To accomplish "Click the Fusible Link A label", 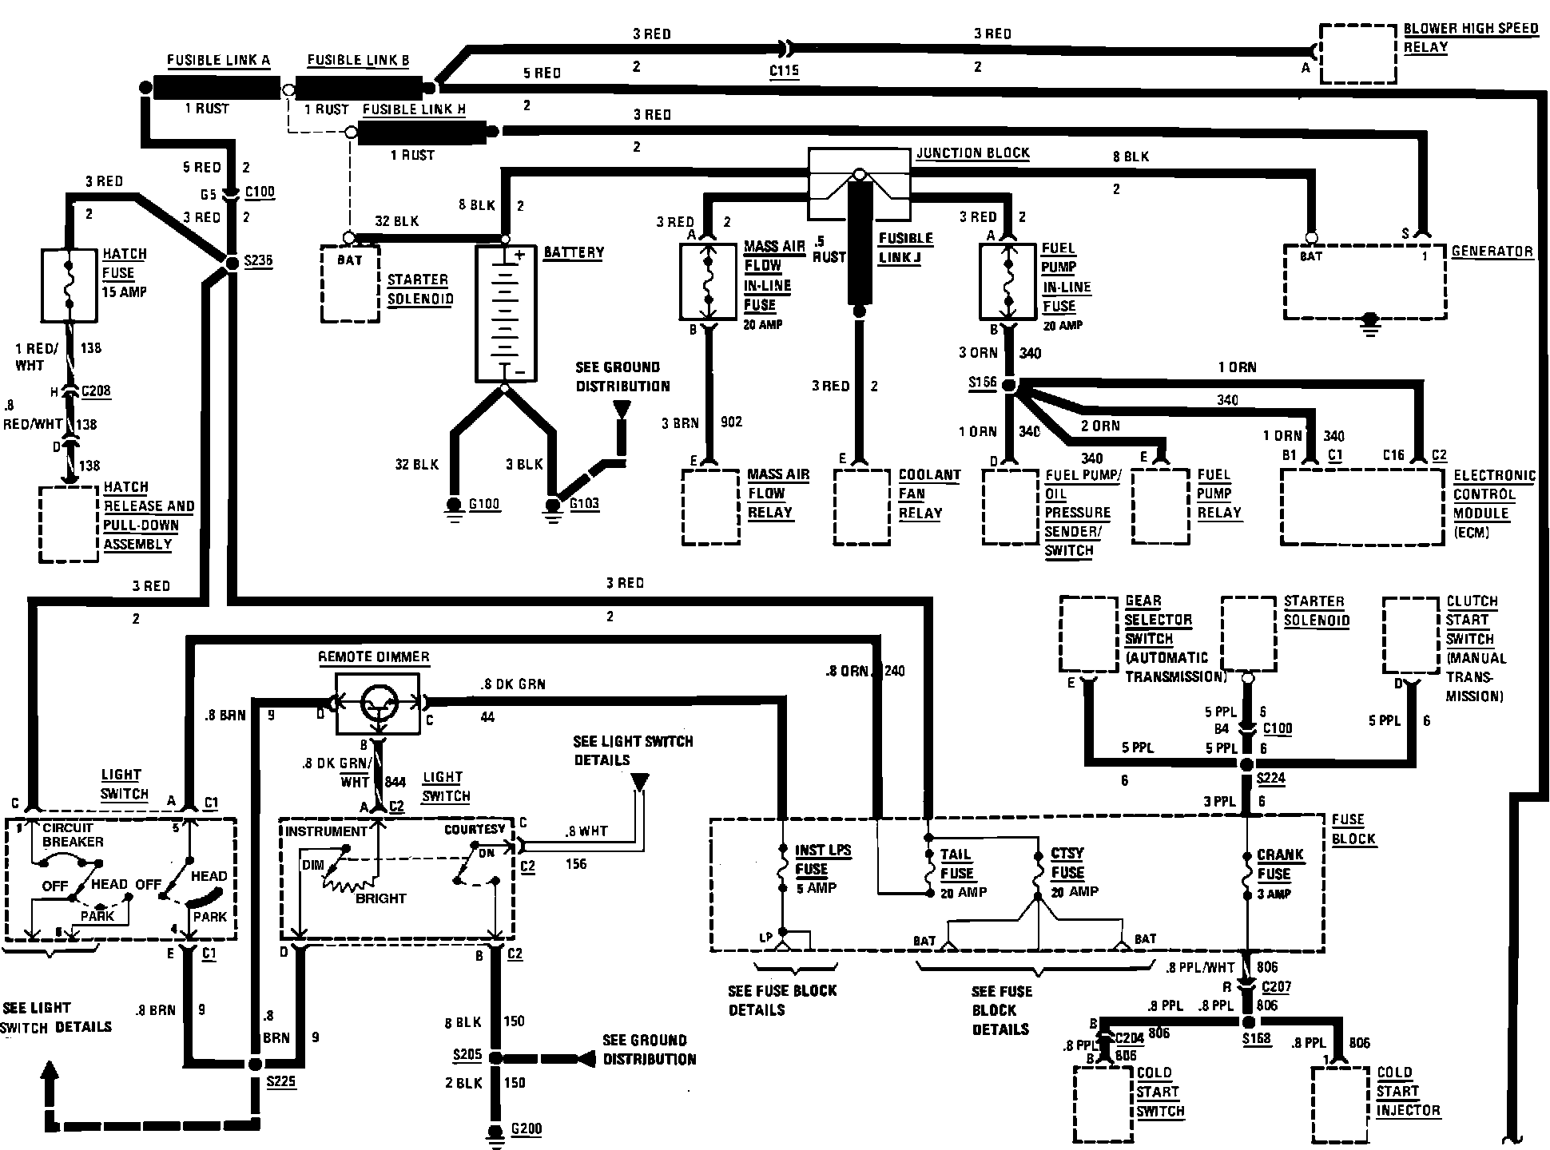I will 218,61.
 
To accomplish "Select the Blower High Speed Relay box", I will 1357,54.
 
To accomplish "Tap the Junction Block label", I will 972,153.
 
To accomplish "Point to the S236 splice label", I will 259,261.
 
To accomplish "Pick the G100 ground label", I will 484,504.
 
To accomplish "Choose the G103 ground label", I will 584,504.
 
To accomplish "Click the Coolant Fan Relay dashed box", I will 861,507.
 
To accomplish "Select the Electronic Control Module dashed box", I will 1362,507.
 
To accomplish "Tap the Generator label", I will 1492,252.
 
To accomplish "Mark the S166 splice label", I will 983,383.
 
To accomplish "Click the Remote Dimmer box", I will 377,704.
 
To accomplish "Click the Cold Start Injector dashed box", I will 1341,1104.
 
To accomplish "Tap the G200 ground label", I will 527,1128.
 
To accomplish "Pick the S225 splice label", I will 280,1081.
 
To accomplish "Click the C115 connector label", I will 784,71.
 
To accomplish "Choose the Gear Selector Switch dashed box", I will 1087,634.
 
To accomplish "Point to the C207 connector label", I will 1277,987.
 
